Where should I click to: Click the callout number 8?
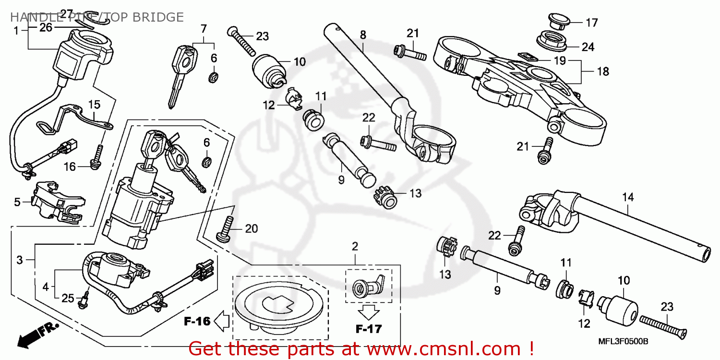(363, 35)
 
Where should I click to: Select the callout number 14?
(628, 197)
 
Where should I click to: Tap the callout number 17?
(591, 22)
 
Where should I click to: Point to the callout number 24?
(588, 47)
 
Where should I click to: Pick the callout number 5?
(17, 202)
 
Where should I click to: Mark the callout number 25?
(68, 299)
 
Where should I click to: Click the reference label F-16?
(197, 321)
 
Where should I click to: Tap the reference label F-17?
(369, 329)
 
